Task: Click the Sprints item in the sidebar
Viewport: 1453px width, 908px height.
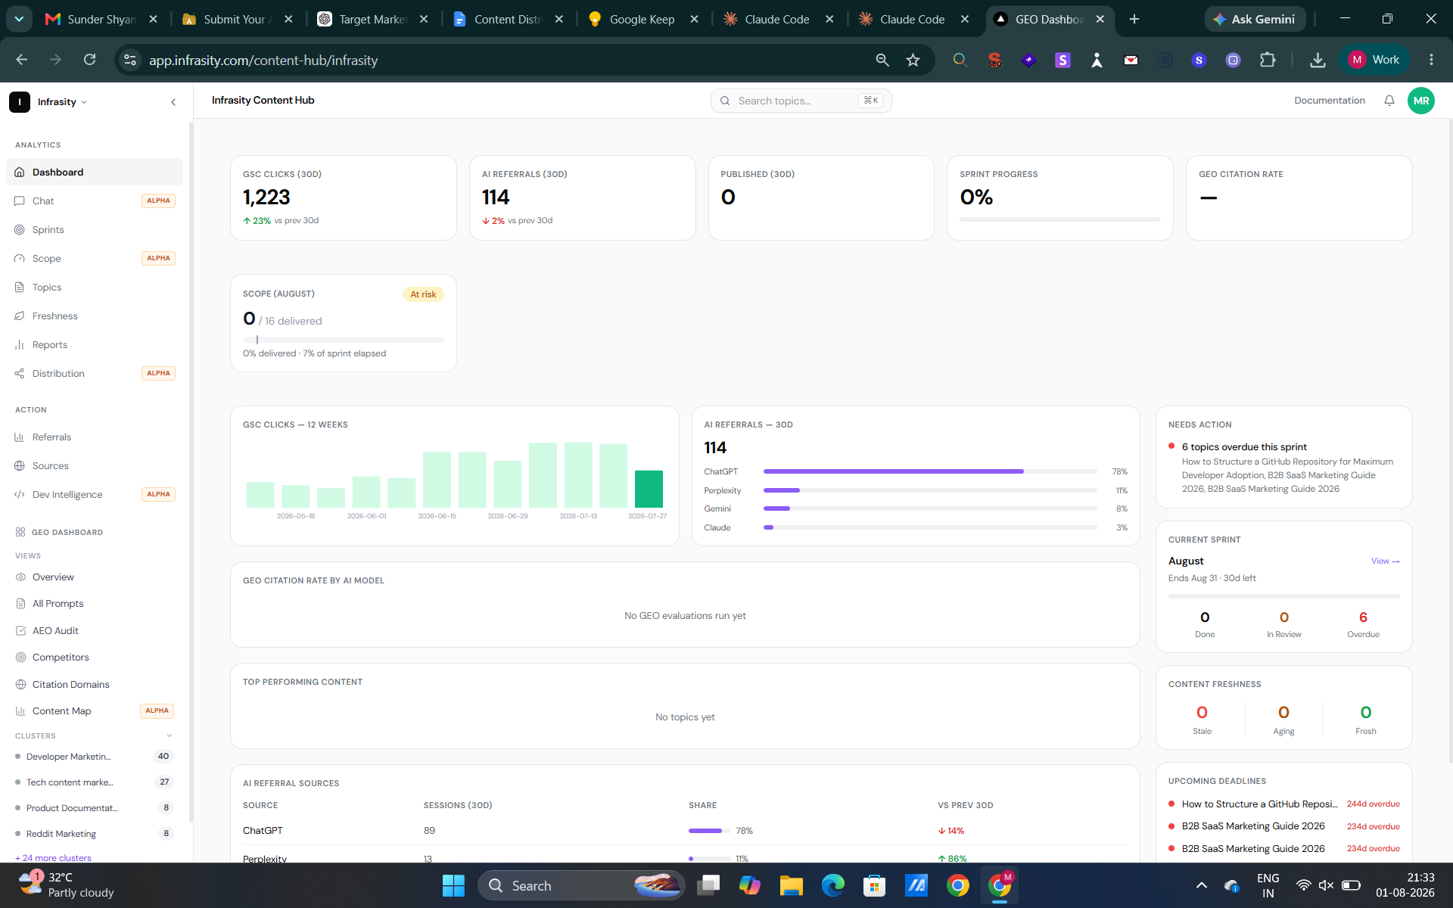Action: click(x=48, y=229)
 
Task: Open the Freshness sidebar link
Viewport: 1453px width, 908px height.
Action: click(x=54, y=316)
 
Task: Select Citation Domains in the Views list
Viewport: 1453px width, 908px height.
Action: click(x=70, y=684)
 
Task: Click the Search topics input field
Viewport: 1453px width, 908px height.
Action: click(x=801, y=101)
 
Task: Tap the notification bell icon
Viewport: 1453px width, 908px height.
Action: click(x=1389, y=101)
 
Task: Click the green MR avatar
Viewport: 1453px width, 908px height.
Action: click(x=1420, y=101)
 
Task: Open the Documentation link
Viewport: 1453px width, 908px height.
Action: click(x=1329, y=101)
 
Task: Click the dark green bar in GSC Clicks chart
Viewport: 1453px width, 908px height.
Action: click(x=648, y=489)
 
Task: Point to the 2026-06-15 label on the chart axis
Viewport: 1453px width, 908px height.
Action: click(x=437, y=516)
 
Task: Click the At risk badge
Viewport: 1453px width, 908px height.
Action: click(x=423, y=294)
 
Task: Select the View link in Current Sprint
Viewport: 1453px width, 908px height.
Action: click(x=1385, y=561)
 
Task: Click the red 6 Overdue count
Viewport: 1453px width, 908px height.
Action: click(x=1363, y=617)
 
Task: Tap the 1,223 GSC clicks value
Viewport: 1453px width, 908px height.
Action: click(x=266, y=197)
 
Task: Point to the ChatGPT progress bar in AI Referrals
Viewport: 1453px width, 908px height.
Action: click(x=930, y=471)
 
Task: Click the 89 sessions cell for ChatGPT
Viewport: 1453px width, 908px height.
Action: click(x=429, y=831)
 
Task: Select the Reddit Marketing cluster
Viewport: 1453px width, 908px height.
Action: click(x=61, y=834)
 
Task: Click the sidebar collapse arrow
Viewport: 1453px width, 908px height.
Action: click(x=173, y=102)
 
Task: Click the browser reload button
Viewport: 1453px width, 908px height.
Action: click(x=89, y=60)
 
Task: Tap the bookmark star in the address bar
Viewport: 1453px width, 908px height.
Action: click(x=913, y=60)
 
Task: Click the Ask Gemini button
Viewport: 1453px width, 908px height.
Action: click(x=1255, y=19)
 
